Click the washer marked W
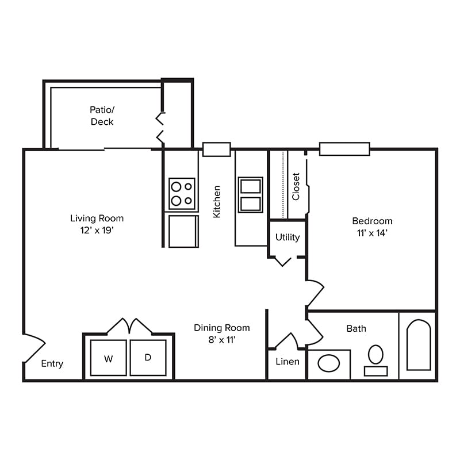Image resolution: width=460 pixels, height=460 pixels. tap(108, 358)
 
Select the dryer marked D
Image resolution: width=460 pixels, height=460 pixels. tap(148, 358)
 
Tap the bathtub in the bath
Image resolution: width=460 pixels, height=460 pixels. tap(418, 345)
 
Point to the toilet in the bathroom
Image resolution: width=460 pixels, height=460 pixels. tap(375, 359)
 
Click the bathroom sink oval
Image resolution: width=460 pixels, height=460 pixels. tap(328, 363)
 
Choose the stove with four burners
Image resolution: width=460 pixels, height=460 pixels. tap(182, 194)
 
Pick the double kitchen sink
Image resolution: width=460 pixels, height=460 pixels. tap(251, 195)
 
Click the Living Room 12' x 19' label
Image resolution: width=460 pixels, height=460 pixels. tap(97, 224)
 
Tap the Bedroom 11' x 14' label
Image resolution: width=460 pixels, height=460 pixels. tap(372, 227)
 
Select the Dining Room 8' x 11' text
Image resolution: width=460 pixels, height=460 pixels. tap(221, 333)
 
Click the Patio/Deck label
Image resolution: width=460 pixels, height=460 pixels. tap(102, 115)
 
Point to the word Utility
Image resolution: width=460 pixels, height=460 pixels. tap(287, 237)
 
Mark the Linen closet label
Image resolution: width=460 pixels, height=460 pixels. tap(287, 362)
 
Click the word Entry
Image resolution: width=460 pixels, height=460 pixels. tap(52, 364)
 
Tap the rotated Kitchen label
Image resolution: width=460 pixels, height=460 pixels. tap(217, 201)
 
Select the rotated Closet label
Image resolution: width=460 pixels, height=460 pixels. tap(296, 186)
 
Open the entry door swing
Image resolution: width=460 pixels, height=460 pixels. tap(33, 348)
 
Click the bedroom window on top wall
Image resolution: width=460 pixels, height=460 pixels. tap(344, 149)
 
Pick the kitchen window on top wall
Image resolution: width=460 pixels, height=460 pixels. tap(217, 149)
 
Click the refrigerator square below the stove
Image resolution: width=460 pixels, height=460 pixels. tap(183, 231)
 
